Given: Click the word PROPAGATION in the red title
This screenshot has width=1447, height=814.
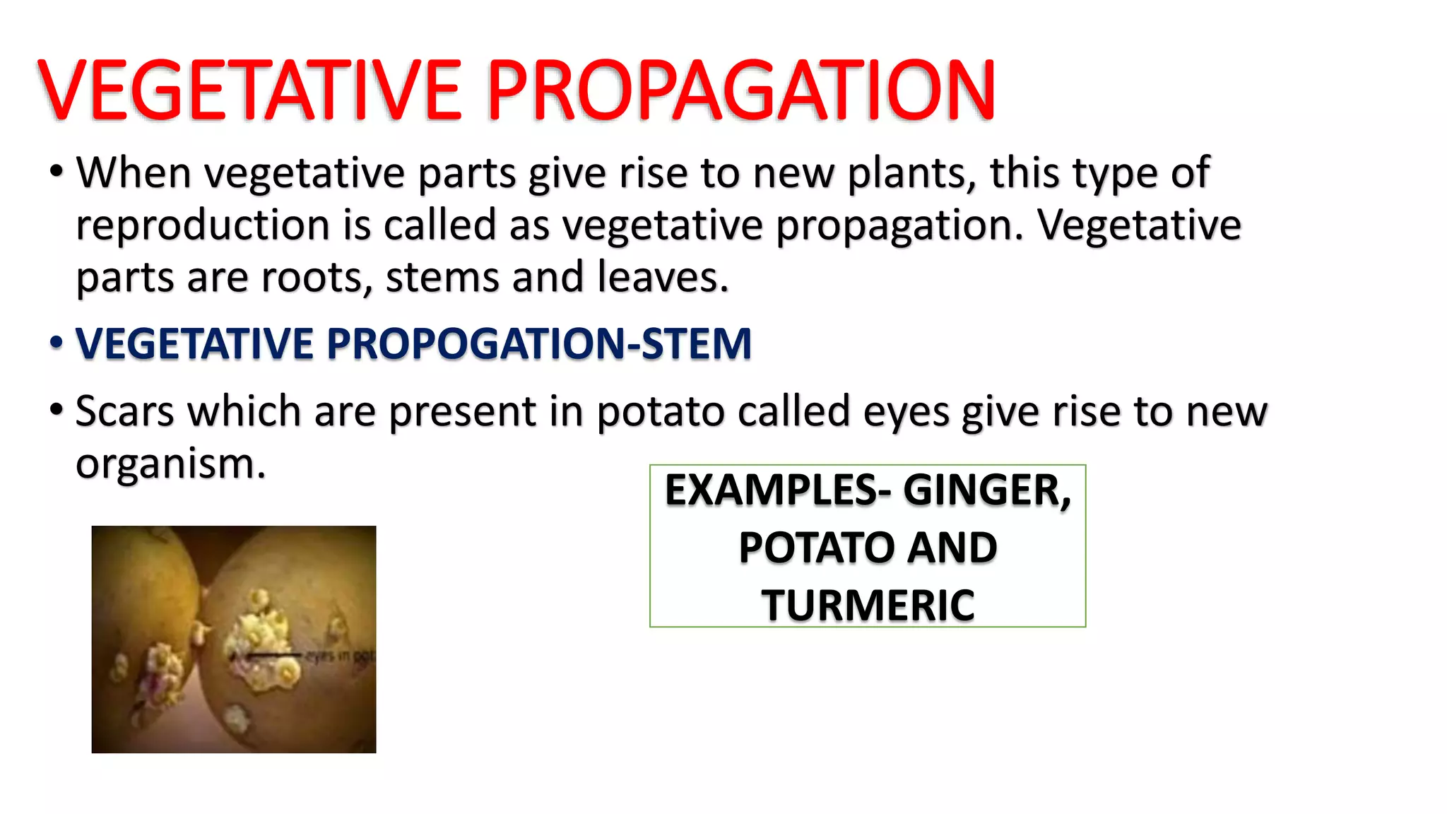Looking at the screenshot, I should (740, 90).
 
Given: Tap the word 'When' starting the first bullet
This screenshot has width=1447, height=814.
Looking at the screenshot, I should (134, 172).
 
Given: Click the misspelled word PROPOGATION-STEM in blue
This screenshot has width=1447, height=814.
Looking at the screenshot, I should (538, 344).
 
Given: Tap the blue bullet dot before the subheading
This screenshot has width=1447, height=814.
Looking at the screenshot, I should (57, 343).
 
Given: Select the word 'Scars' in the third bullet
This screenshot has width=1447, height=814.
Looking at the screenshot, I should (124, 411).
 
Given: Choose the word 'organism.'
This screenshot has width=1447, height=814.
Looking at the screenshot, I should (170, 464).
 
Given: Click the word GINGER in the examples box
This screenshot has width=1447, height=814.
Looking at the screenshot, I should (987, 490).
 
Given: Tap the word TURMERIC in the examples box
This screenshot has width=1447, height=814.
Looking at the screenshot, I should (868, 606).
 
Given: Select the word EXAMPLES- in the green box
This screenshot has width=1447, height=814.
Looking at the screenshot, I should (778, 490).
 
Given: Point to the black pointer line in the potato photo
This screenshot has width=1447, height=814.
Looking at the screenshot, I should (272, 656).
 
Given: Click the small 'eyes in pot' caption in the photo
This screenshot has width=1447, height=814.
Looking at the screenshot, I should (339, 656).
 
